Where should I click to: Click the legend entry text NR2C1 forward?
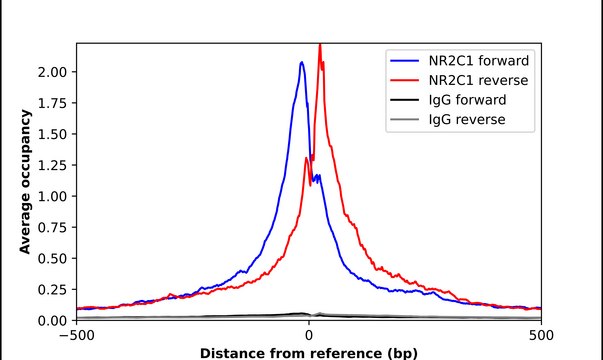(479, 60)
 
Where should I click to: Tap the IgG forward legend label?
(468, 100)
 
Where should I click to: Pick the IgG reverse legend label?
(467, 120)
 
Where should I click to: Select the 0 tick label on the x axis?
(309, 336)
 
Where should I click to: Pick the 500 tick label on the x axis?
(541, 336)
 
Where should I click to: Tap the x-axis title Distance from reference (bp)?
(309, 353)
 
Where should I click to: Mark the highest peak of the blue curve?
(302, 62)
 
